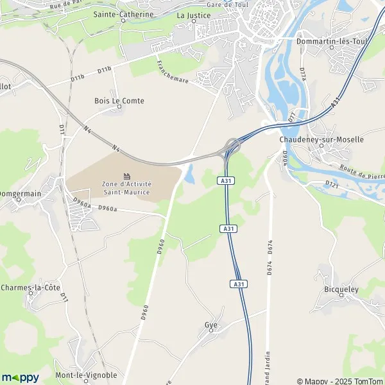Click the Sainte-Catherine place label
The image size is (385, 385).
tap(123, 14)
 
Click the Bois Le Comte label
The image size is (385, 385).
tap(119, 101)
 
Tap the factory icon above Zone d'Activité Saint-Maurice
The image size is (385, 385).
tap(127, 176)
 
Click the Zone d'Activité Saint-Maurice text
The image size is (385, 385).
tap(126, 188)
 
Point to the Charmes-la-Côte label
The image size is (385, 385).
tap(31, 287)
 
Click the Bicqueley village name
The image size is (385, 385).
tap(341, 290)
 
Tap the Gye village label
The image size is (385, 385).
tap(210, 325)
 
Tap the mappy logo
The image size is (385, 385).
tap(20, 377)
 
